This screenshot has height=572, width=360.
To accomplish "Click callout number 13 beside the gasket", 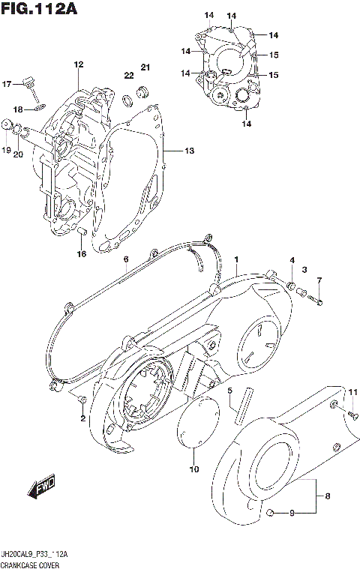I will (189, 151).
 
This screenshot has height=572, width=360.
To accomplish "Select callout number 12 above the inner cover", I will (77, 65).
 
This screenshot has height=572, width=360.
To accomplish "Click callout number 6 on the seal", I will (126, 259).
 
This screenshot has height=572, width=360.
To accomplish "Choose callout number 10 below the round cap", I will (194, 470).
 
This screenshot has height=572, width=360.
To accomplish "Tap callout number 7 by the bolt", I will (319, 280).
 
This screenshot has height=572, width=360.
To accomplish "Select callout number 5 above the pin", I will (231, 391).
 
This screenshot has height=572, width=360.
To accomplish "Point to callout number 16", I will (82, 253).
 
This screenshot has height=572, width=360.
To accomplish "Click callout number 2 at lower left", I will (82, 418).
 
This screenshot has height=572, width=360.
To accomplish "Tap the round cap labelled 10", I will (196, 428).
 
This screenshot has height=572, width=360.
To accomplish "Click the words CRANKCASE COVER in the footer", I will (30, 564).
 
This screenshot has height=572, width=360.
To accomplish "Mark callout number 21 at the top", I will (145, 69).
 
